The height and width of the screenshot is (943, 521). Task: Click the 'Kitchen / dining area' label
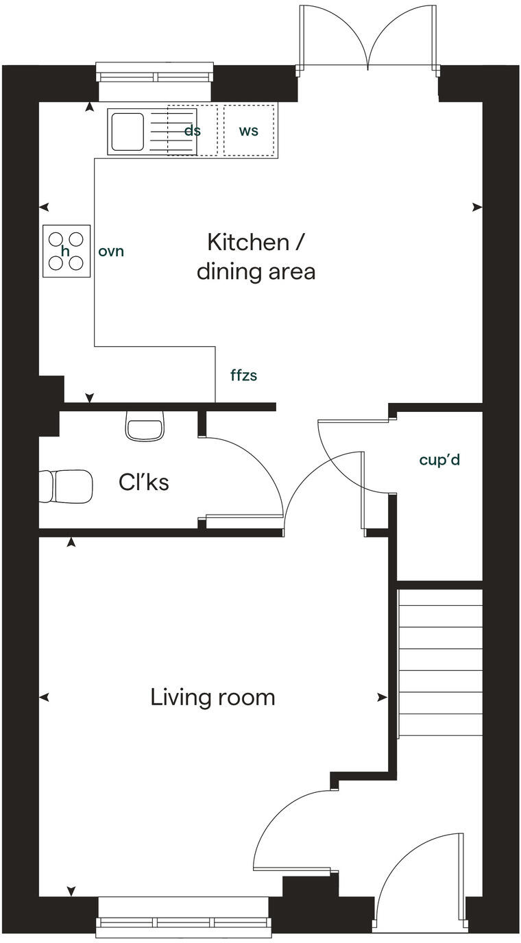[x=256, y=257]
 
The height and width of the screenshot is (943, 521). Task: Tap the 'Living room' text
[x=213, y=698]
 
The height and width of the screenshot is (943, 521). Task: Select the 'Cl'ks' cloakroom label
[x=144, y=482]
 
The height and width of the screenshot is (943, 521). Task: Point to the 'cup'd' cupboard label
[x=439, y=460]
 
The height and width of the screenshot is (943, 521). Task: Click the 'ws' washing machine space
[x=249, y=130]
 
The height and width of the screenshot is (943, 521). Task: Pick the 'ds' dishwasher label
[x=193, y=130]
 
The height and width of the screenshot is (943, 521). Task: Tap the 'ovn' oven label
[x=111, y=252]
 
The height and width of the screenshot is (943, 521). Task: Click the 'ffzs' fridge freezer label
[x=244, y=376]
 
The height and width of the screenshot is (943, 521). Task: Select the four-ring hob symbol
[x=66, y=251]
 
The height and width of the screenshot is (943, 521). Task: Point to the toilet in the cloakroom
[x=66, y=486]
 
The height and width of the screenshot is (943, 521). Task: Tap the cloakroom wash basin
[x=145, y=426]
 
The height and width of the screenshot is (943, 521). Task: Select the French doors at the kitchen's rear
[x=368, y=38]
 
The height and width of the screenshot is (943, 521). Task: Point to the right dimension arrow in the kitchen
[x=476, y=207]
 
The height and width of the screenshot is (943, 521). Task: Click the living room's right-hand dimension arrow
[x=382, y=698]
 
